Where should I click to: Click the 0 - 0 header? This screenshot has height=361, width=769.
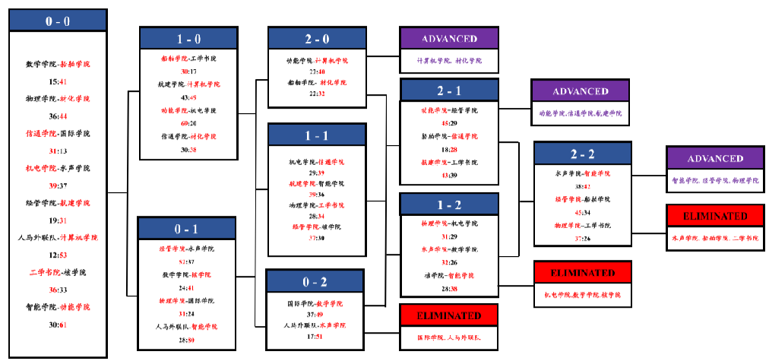coord(58,21)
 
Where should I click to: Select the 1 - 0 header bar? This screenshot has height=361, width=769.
coord(189,38)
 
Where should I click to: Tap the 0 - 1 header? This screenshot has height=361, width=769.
coord(187,229)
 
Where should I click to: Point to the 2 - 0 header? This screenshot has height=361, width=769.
coord(318,38)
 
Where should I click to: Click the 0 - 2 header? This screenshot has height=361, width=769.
coord(315,282)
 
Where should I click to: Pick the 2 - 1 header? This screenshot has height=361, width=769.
coord(449,91)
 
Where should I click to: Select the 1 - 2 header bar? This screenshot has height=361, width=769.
coord(449,205)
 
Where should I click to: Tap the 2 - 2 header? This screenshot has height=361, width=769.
coord(582,154)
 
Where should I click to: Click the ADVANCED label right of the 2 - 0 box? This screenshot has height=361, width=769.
coord(449,39)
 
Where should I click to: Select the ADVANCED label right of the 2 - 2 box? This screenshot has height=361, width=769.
coord(715,158)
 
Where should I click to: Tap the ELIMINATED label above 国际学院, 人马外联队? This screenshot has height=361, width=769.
coord(449,315)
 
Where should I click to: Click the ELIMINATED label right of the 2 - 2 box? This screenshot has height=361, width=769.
coord(715,216)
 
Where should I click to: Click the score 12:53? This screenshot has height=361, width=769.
coord(58,255)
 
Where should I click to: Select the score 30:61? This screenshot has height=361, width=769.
coord(58,325)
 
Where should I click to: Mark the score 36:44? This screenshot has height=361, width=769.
coord(58,116)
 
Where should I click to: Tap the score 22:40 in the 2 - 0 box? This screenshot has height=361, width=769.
coord(317,71)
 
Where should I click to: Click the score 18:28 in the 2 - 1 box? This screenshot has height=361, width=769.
coord(448,150)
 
